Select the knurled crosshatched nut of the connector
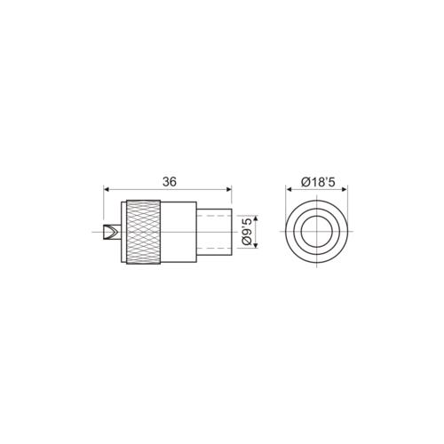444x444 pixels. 142,234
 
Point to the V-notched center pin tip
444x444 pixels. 111,234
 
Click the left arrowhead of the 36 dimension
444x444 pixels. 108,189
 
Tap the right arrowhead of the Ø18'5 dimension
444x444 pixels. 347,189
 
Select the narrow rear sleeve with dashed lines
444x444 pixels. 213,234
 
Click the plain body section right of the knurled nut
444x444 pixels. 178,234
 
